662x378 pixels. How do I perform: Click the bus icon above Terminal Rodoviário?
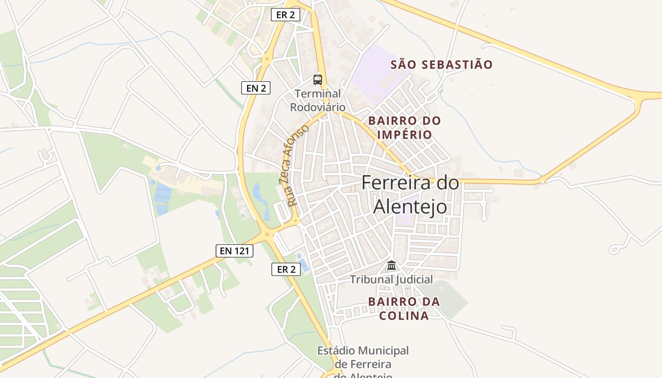coord(318,79)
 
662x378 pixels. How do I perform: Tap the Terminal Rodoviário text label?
coord(318,100)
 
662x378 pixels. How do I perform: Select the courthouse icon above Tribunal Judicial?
coord(392,265)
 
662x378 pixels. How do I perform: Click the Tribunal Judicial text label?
coord(391,280)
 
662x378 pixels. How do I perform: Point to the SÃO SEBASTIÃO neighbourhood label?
coord(442,65)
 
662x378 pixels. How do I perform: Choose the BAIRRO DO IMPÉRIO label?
coord(404,128)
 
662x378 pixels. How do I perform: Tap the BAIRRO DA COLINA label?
coord(404,309)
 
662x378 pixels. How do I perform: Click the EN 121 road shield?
coord(235,251)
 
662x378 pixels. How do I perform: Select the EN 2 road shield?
coord(256,87)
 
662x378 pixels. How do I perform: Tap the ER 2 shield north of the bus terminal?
coord(286,15)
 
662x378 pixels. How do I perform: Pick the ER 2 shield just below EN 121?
coord(286,270)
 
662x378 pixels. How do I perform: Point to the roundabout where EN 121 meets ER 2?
coord(267,233)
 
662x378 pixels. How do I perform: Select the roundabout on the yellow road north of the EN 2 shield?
coord(268,60)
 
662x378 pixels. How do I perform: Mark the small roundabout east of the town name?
coord(543,180)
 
